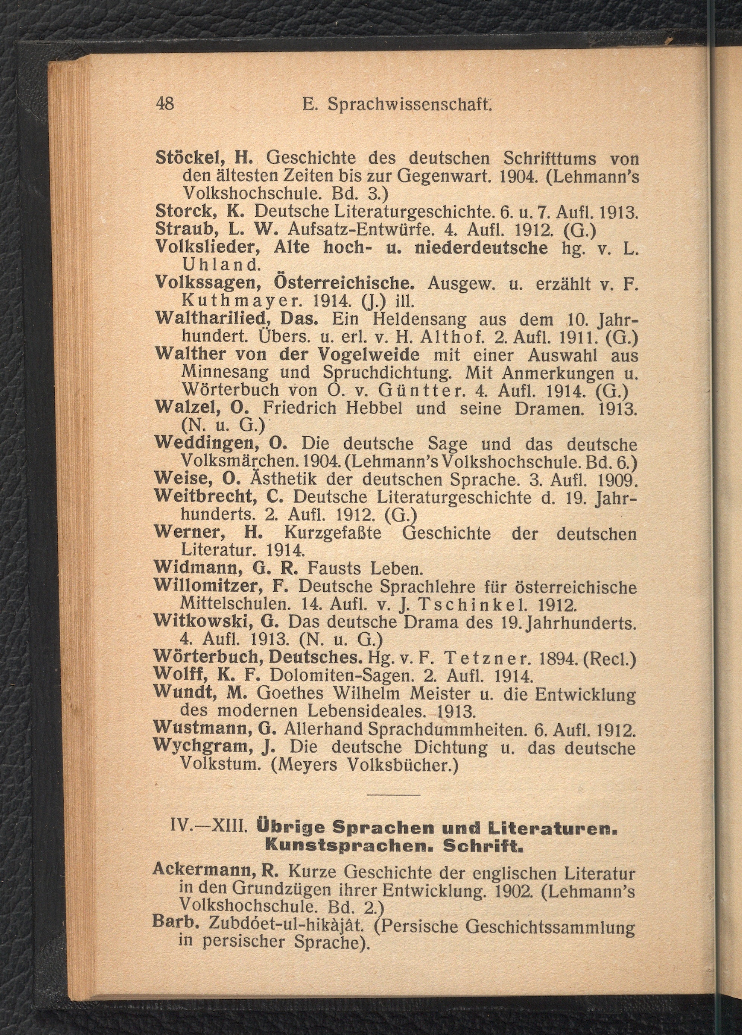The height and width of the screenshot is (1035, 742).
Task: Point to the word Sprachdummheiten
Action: (445, 729)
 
